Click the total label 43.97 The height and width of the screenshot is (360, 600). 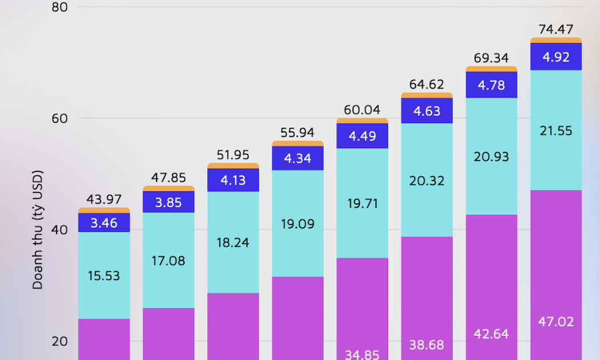(x=104, y=200)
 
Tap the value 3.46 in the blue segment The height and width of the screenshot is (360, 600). (x=104, y=223)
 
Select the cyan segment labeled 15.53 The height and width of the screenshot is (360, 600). (x=104, y=275)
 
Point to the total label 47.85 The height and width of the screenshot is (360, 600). (x=169, y=178)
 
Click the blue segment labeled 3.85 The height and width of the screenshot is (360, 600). (x=169, y=202)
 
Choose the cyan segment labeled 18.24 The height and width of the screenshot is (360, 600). (x=233, y=242)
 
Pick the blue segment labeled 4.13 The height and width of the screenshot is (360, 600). (x=233, y=180)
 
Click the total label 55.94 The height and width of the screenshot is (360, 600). (x=298, y=133)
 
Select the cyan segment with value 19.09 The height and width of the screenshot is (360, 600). (x=298, y=223)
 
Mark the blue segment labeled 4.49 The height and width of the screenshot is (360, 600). (x=362, y=135)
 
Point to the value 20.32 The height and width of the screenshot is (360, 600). (x=427, y=181)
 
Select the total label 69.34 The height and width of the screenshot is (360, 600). (x=491, y=58)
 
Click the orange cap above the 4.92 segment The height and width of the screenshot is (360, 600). (x=556, y=40)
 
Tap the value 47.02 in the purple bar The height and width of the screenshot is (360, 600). (x=556, y=321)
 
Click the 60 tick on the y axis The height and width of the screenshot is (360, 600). (x=59, y=119)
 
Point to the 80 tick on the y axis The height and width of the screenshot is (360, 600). (x=59, y=7)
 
